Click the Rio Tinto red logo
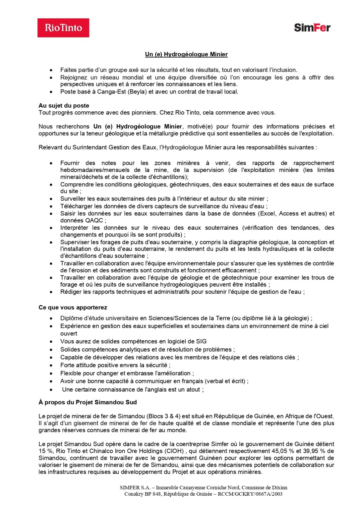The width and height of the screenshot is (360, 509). (63, 28)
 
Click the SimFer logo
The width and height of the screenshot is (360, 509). (312, 28)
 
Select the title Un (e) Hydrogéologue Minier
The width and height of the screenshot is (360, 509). (186, 54)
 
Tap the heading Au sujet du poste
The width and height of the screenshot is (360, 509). (64, 106)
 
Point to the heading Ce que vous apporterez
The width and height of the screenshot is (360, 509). (73, 308)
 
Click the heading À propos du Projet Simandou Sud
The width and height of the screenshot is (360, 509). (88, 402)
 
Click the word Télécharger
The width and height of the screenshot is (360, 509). (76, 206)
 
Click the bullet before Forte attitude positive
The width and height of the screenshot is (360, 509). (51, 366)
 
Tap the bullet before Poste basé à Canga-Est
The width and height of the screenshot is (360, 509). (51, 92)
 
